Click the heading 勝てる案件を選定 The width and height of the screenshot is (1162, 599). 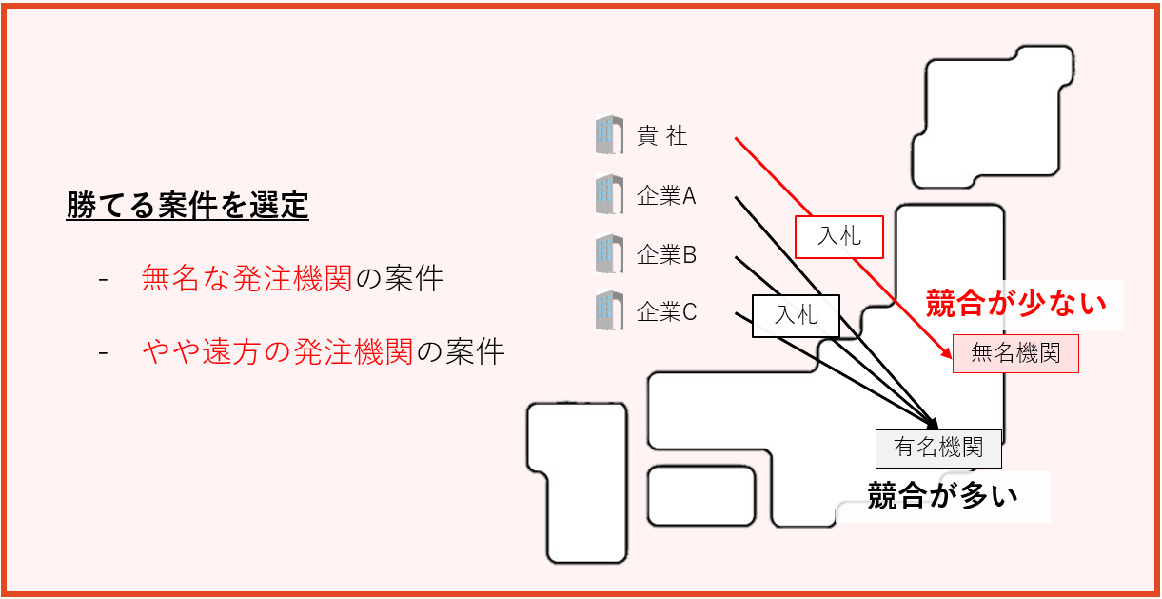(x=187, y=206)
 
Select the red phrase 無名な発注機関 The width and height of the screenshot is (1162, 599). (x=246, y=279)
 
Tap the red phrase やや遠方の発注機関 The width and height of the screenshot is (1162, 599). (x=277, y=352)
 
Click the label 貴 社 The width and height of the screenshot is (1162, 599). (x=662, y=137)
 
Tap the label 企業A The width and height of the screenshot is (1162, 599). (x=666, y=196)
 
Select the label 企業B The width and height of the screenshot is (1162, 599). (x=666, y=255)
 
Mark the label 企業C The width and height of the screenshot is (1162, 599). (x=666, y=311)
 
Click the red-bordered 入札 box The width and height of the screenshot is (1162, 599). (x=838, y=236)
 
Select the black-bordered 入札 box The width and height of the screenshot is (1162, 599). (x=797, y=315)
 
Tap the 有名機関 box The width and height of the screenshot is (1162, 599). (x=938, y=448)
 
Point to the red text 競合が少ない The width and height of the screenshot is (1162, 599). (x=1016, y=304)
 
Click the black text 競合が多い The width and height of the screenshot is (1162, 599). (x=942, y=496)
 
